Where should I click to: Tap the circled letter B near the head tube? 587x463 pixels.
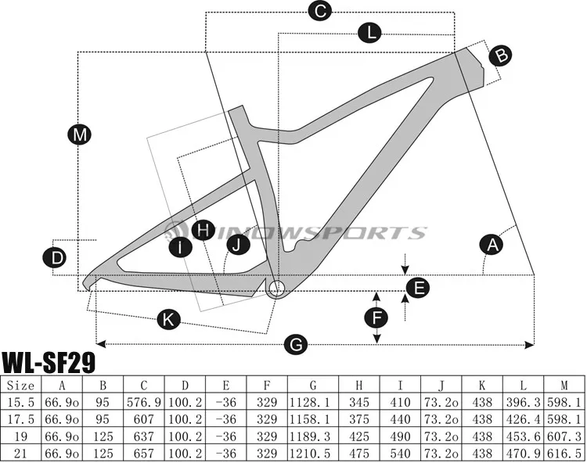point(502,55)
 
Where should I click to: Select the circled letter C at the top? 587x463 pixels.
point(319,11)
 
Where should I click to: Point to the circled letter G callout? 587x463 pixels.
point(296,343)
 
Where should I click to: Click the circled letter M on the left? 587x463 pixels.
point(78,135)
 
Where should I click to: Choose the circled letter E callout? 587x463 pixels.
point(420,289)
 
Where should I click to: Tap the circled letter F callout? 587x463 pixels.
point(377,317)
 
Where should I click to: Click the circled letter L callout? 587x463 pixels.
point(369,32)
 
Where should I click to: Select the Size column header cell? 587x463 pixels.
point(20,386)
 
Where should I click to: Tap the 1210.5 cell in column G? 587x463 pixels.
point(313,451)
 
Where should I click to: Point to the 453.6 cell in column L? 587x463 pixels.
point(523,435)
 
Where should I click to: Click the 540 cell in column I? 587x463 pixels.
point(400,451)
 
